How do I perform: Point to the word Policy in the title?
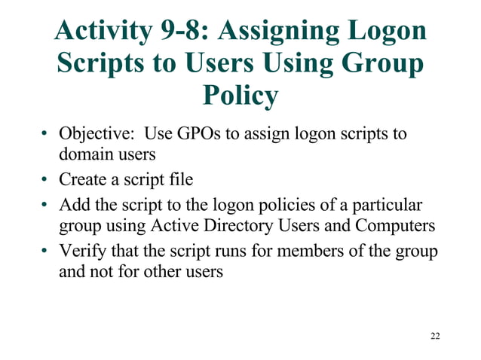[x=240, y=96]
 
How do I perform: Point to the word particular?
[x=388, y=205]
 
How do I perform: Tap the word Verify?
[x=81, y=250]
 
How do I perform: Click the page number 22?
[x=435, y=335]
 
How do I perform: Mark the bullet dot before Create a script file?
[x=47, y=180]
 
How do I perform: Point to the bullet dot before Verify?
[x=47, y=251]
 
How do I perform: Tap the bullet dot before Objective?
[x=47, y=136]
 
